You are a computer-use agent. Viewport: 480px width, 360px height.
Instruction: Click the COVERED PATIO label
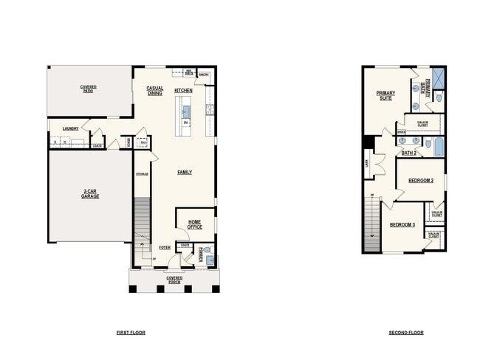89,89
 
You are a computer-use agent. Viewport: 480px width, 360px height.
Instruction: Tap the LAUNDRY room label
71,128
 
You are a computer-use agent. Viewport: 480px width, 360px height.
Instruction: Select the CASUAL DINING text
154,91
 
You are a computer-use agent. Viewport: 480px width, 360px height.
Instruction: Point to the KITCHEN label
184,91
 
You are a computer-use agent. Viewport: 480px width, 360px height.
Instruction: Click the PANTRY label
204,75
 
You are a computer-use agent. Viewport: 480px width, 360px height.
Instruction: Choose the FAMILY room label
185,172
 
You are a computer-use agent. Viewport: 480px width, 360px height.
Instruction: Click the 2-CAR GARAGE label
90,195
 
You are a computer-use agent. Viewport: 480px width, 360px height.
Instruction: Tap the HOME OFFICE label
195,224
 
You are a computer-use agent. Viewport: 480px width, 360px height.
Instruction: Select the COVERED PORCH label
174,280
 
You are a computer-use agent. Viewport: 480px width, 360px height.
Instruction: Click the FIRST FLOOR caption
131,333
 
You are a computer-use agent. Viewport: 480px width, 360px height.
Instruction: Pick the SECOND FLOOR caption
406,333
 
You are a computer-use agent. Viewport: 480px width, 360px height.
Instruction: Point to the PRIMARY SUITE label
385,95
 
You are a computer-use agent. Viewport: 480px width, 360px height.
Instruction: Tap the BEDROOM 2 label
422,180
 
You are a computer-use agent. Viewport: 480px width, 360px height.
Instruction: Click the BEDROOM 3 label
402,224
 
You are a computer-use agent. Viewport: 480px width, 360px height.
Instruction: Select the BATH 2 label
409,153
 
